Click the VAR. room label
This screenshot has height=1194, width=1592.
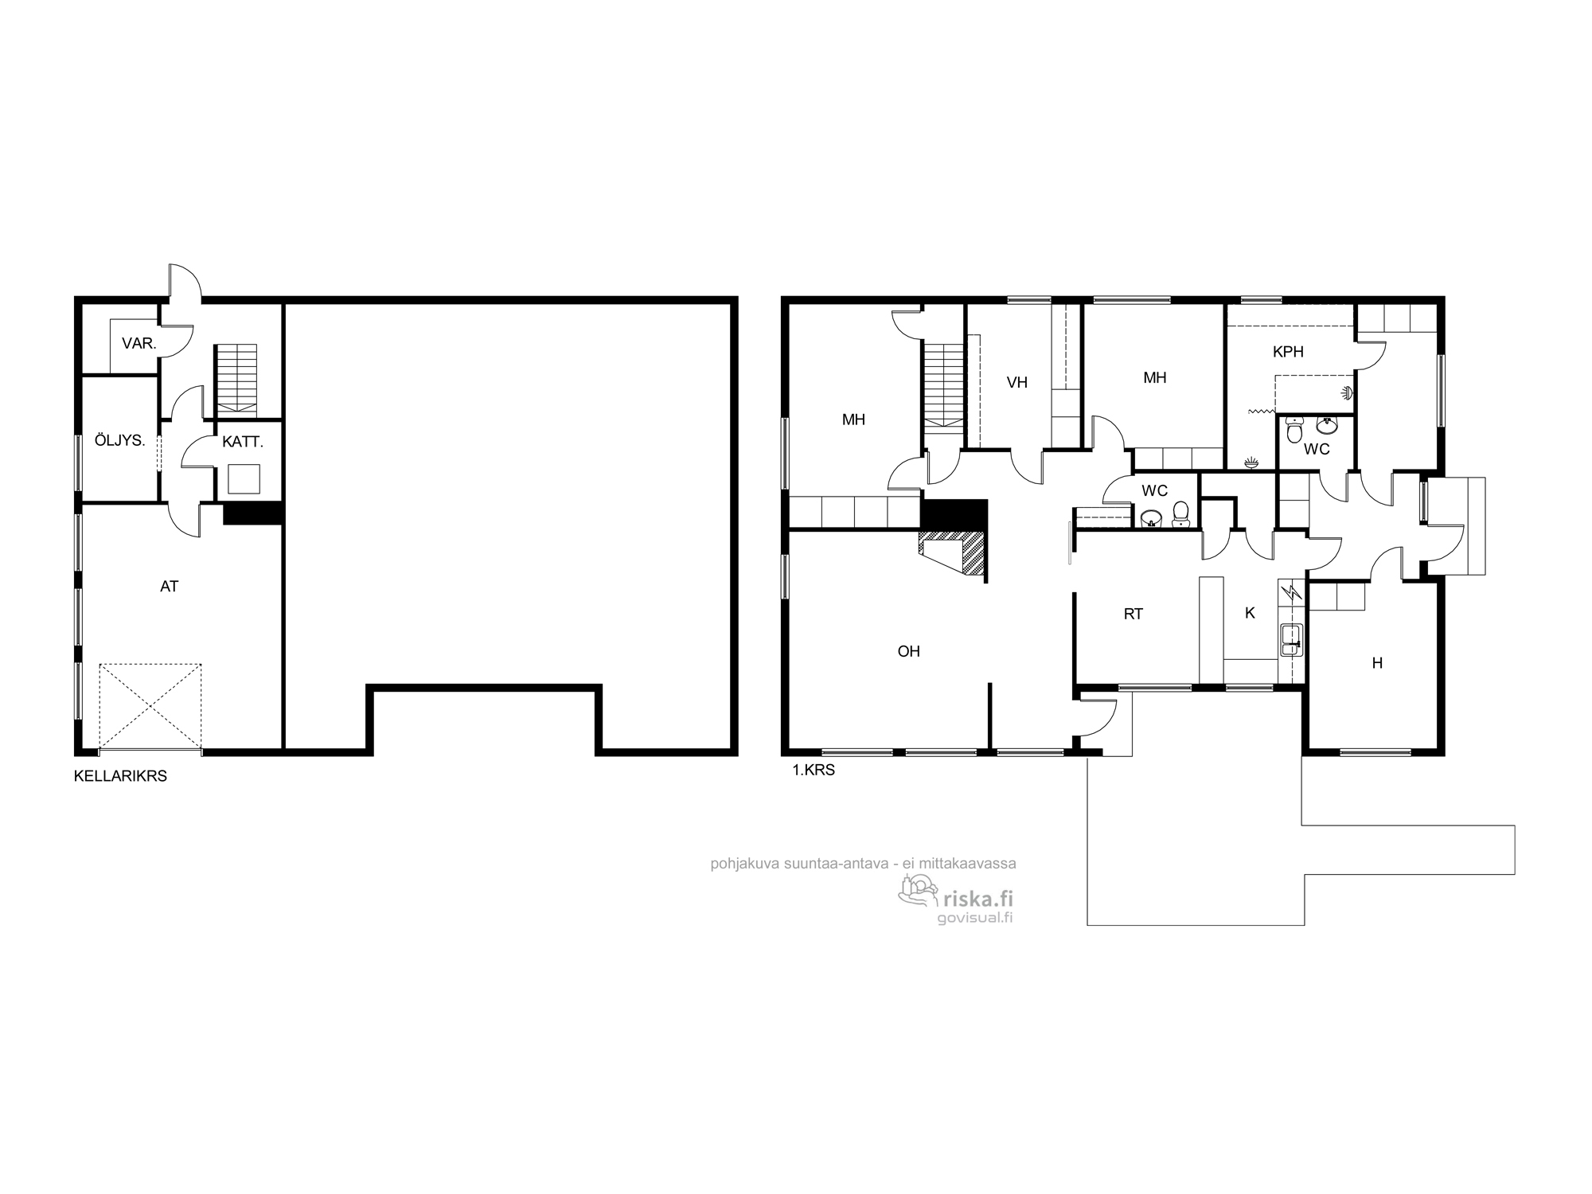(139, 344)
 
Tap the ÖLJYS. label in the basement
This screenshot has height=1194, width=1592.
(119, 440)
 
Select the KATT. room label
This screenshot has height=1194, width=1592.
(242, 442)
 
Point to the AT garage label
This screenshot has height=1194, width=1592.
(169, 587)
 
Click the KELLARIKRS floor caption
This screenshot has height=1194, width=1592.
(120, 776)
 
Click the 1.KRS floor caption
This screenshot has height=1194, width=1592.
(813, 771)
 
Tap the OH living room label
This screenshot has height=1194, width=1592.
(908, 651)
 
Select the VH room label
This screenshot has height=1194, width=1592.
(1016, 383)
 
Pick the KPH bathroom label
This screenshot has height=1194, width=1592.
(1288, 352)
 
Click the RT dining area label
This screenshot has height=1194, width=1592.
(1134, 614)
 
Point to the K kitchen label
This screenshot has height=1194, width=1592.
(1250, 613)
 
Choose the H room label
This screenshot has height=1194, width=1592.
(1377, 663)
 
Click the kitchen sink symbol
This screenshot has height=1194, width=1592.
(1290, 640)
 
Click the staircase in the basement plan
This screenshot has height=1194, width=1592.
(236, 380)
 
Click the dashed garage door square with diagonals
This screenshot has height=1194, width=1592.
(150, 708)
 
